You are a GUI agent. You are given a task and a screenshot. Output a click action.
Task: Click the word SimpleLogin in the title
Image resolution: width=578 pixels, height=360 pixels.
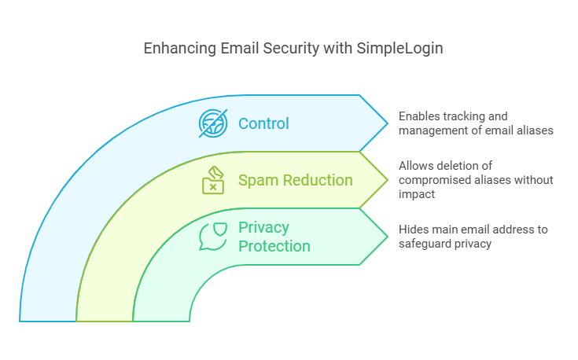tap(399, 49)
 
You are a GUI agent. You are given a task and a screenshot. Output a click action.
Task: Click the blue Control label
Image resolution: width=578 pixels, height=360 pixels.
tap(263, 124)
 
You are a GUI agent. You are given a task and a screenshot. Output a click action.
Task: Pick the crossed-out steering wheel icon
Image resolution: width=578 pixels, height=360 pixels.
tap(213, 123)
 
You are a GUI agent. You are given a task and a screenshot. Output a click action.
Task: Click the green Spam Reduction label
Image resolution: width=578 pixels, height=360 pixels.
tap(295, 180)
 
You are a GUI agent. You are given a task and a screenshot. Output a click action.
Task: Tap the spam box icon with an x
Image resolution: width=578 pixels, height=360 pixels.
tap(213, 180)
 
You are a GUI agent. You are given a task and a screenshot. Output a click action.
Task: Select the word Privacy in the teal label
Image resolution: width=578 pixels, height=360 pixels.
tap(263, 227)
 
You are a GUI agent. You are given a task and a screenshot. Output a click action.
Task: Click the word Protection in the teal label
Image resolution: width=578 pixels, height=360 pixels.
tap(274, 246)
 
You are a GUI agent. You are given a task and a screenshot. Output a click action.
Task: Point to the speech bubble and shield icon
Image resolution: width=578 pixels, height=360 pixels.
tap(213, 236)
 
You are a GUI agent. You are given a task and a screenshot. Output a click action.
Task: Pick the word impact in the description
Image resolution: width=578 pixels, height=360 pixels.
tap(417, 194)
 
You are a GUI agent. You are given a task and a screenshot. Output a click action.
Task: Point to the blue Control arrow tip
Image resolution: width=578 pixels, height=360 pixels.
tap(388, 123)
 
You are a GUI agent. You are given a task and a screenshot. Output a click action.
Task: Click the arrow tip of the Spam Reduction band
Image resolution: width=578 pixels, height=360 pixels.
tap(388, 180)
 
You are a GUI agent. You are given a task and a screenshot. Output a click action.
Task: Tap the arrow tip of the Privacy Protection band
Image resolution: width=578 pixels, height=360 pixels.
tap(388, 237)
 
